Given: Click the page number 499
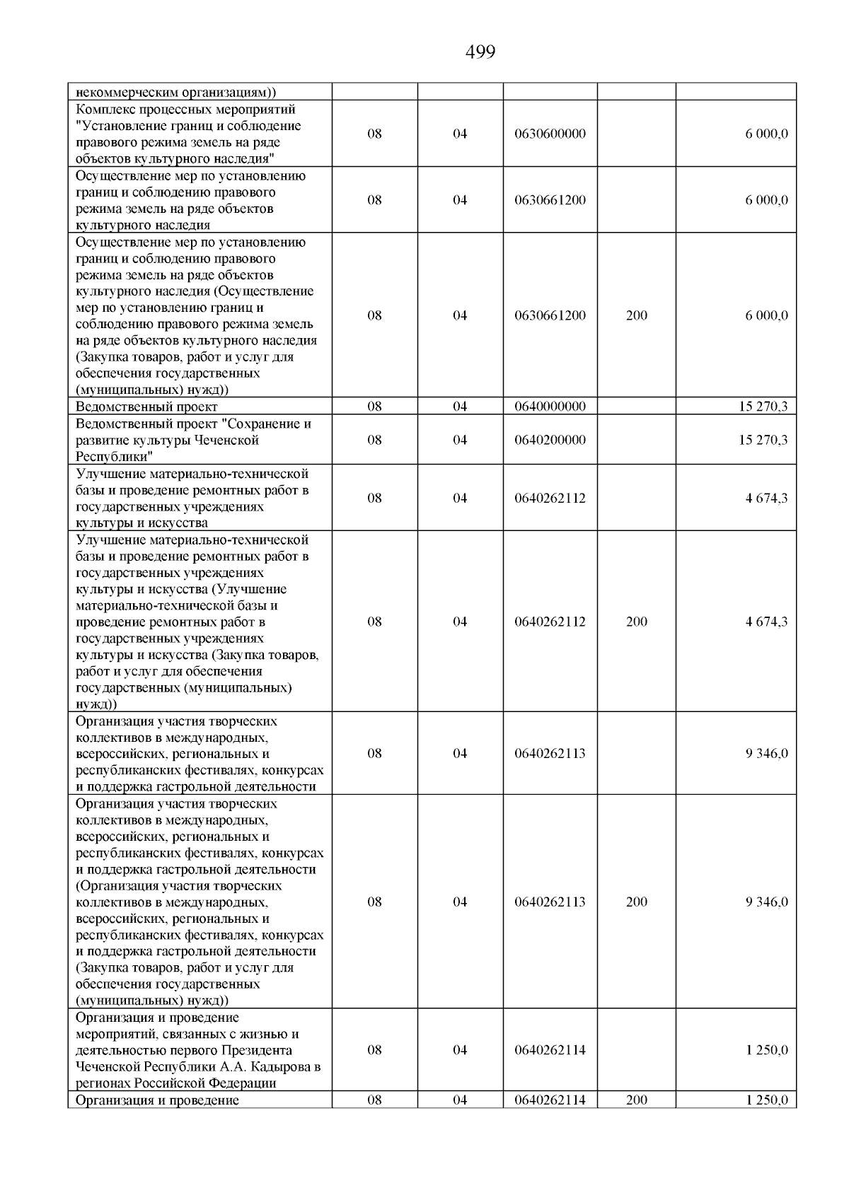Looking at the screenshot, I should click(x=480, y=52).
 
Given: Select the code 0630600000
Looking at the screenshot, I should click(x=550, y=134).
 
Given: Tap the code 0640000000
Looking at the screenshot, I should click(x=550, y=407).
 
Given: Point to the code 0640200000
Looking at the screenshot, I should click(x=550, y=440).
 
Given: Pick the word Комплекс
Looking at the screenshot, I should click(x=105, y=110).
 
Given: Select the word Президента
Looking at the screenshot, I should click(x=258, y=1050).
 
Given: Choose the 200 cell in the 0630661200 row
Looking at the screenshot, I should click(x=636, y=315).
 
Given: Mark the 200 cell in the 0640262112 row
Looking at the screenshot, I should click(x=636, y=622).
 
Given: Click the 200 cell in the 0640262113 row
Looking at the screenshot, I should click(x=636, y=902).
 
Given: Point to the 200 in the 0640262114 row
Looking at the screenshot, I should click(x=636, y=1100).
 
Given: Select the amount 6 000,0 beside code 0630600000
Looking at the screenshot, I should click(x=766, y=134).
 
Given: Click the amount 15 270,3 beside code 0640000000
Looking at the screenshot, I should click(x=763, y=407).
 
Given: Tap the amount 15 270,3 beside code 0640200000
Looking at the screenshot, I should click(x=763, y=440).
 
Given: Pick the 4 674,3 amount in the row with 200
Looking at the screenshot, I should click(x=766, y=622).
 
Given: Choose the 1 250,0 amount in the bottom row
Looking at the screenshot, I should click(x=766, y=1100).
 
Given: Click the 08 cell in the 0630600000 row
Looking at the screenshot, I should click(x=374, y=134).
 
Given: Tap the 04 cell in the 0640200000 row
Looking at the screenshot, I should click(x=460, y=440).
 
